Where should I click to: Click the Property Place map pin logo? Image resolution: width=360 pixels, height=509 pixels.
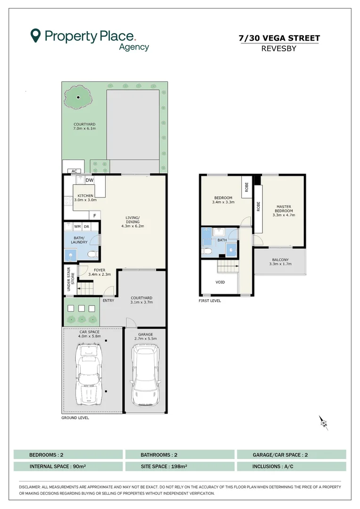point(35,35)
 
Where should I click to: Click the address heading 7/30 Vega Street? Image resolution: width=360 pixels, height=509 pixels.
point(279,38)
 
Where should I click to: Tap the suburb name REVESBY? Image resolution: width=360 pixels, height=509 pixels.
point(279,49)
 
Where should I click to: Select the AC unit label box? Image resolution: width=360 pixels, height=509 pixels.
point(74,171)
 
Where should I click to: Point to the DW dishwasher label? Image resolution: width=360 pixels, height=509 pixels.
point(90,180)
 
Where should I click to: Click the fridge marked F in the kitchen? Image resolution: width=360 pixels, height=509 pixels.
point(95,215)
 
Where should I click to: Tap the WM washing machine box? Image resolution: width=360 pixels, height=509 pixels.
point(77,227)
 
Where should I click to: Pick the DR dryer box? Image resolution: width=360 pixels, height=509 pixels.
point(86,227)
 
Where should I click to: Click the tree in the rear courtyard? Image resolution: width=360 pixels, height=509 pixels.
point(78,98)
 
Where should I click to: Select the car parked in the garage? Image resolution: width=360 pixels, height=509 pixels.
point(146,376)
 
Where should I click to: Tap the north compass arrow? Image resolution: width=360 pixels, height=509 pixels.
point(323,423)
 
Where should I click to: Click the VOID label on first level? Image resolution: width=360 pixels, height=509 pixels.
point(220,282)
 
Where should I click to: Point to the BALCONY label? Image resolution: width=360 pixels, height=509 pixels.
point(280,260)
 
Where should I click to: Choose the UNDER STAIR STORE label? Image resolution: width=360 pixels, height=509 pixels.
point(70,279)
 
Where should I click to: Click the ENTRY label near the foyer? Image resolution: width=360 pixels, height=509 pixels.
point(108,301)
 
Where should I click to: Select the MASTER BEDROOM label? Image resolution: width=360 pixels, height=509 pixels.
point(284,209)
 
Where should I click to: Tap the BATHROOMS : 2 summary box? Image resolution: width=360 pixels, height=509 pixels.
point(180,455)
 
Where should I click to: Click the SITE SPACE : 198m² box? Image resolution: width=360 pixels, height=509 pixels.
point(180,467)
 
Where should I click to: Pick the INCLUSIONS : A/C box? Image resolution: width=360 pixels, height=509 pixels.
point(292,467)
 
